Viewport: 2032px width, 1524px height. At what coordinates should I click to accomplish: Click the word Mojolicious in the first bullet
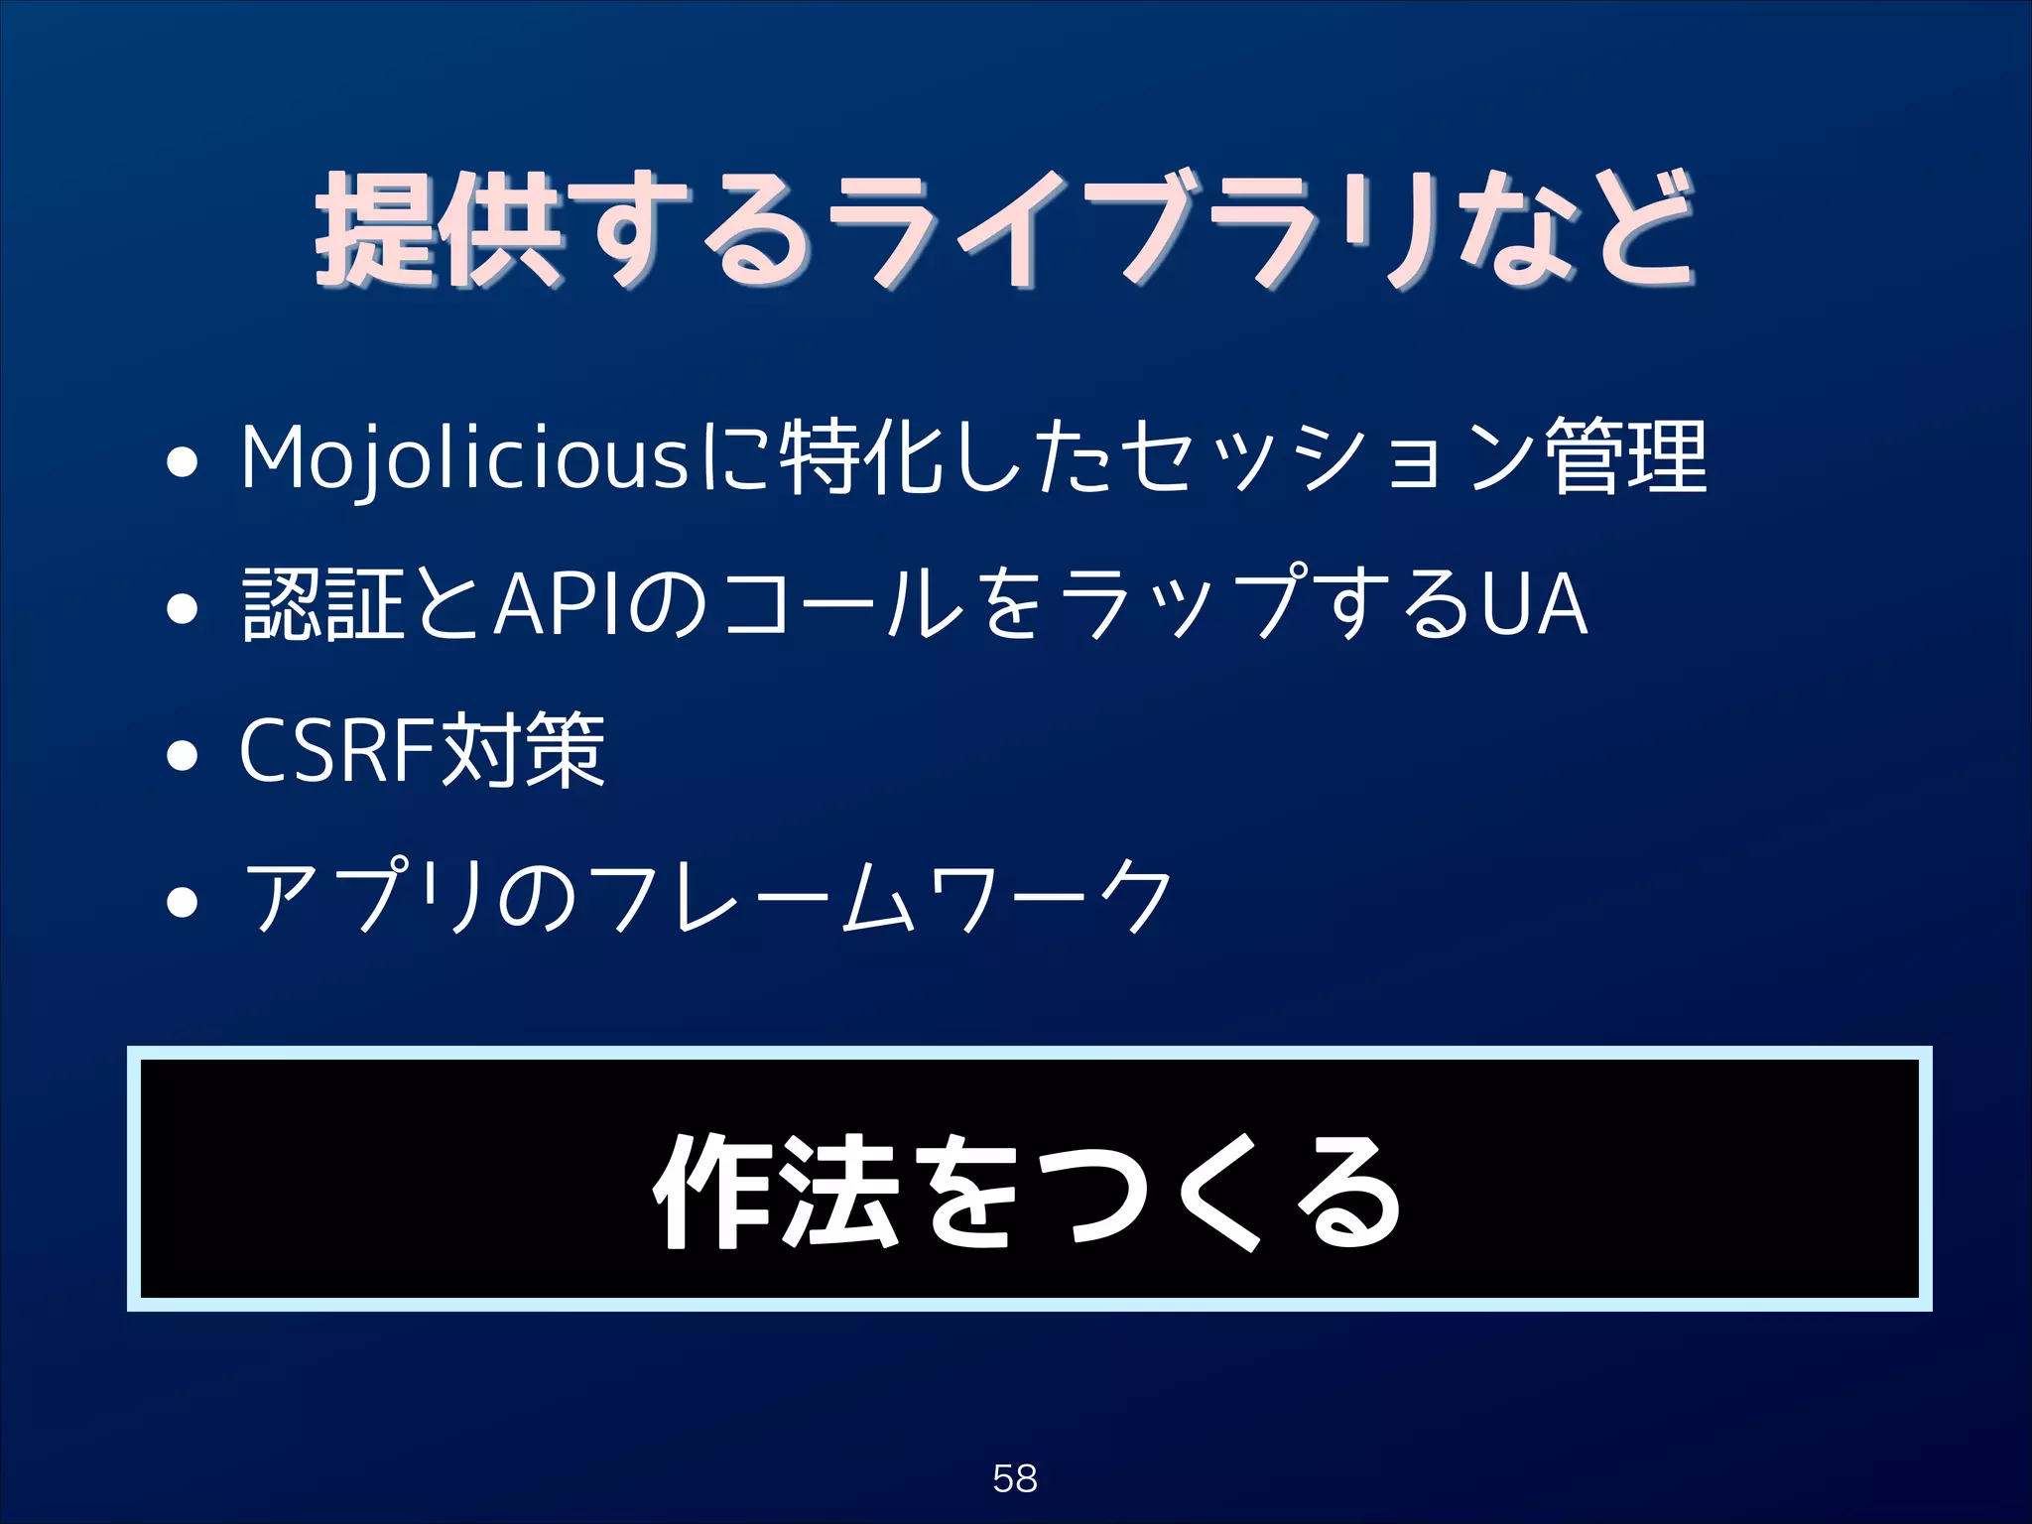(x=464, y=458)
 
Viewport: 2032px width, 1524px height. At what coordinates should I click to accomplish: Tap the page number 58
(x=1015, y=1478)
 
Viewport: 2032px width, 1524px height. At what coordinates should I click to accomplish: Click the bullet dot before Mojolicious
(x=183, y=463)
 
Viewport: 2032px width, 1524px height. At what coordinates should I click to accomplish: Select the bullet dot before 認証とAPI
(x=183, y=608)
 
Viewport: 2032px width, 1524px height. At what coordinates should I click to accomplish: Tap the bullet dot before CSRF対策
(x=183, y=756)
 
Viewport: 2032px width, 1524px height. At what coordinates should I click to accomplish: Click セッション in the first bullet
(x=1330, y=458)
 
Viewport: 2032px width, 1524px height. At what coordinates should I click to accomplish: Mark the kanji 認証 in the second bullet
(x=323, y=604)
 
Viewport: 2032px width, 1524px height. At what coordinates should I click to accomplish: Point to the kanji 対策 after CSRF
(x=522, y=751)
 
